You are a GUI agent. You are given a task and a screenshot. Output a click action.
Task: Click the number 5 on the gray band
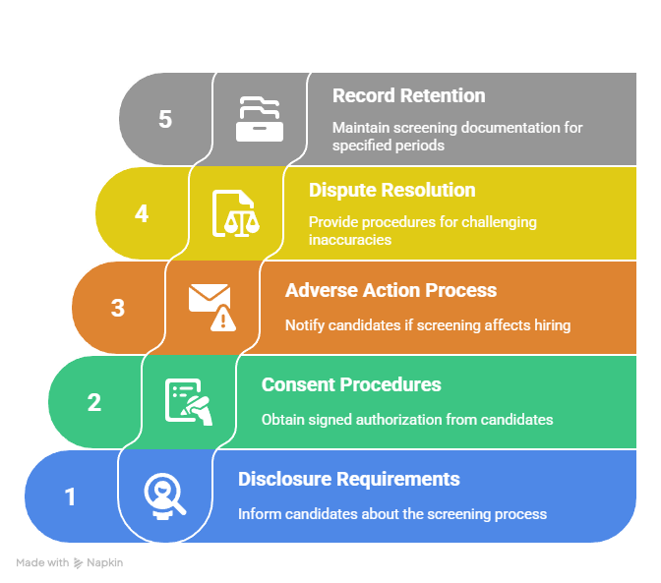[x=165, y=119]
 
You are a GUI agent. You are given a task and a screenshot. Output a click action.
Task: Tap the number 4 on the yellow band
[x=142, y=213]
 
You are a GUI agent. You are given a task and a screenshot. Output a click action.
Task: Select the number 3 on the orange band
[x=118, y=308]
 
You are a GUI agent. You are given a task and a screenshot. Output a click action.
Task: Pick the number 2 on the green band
[x=94, y=402]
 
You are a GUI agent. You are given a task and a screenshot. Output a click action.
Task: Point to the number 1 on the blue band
[x=71, y=496]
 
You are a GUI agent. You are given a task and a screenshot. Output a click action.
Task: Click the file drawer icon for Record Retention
[x=260, y=119]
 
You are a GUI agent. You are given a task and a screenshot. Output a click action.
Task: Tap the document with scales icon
[x=236, y=213]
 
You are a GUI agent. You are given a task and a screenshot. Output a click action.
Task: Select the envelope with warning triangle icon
[x=212, y=308]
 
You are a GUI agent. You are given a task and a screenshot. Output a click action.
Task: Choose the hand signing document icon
[x=189, y=402]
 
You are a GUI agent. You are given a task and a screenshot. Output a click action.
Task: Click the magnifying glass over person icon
[x=165, y=496]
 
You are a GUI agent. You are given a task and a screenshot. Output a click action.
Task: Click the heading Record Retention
[x=408, y=95]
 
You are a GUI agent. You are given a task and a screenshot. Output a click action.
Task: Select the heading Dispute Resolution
[x=392, y=190]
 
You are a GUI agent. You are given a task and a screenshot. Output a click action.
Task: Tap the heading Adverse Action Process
[x=391, y=290]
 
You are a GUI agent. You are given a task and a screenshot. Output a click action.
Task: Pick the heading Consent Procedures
[x=351, y=384]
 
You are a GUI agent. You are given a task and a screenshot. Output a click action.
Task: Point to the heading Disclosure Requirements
[x=349, y=479]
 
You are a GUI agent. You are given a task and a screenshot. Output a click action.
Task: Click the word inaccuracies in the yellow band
[x=350, y=240]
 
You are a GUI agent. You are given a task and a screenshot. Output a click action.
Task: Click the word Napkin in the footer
[x=104, y=562]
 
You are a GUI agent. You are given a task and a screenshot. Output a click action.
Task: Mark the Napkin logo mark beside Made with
[x=78, y=563]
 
